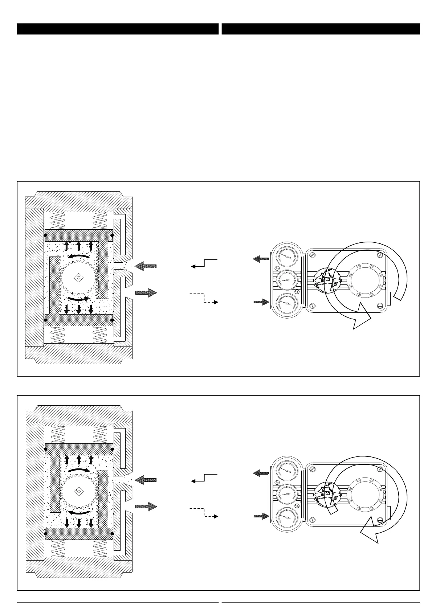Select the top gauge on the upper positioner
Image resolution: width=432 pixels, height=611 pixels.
[286, 256]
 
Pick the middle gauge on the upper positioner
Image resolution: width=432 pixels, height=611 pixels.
[286, 280]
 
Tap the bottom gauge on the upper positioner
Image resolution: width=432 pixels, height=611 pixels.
[286, 303]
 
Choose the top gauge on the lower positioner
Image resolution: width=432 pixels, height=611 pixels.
[286, 469]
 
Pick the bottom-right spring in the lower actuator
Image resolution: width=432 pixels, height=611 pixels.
[100, 549]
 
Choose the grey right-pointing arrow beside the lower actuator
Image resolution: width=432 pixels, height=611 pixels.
[146, 506]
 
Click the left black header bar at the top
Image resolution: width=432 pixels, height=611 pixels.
[118, 29]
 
